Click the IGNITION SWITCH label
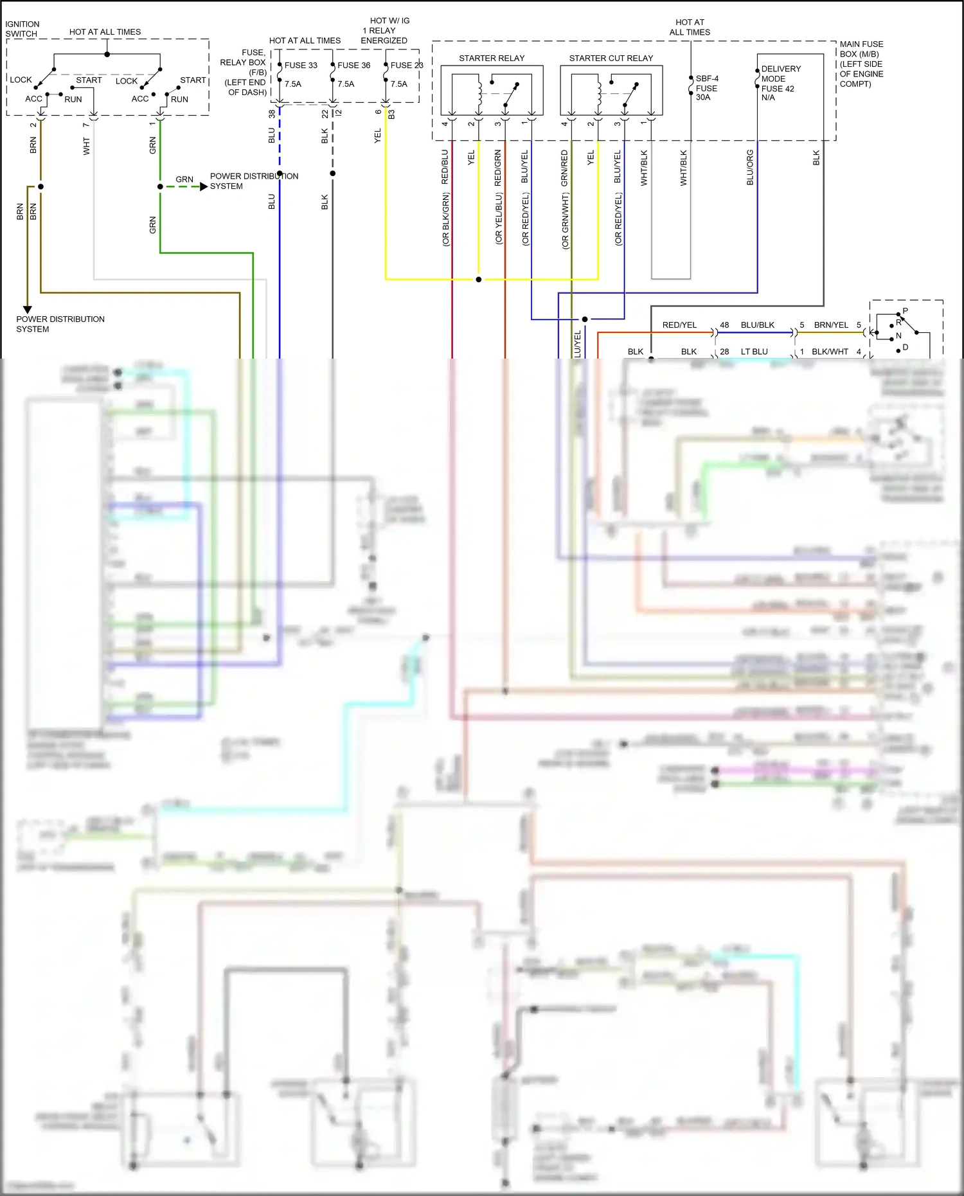22,29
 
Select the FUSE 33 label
300,65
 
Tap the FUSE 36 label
353,65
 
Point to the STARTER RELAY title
491,58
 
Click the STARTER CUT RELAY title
611,58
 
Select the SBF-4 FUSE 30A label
706,88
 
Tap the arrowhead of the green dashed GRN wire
204,186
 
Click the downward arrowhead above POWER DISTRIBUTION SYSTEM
28,309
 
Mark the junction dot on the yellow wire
478,280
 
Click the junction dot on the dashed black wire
332,174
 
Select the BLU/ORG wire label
750,168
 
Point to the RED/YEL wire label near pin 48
679,325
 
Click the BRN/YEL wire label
830,325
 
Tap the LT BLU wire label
754,352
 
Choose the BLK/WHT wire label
830,352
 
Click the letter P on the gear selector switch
905,311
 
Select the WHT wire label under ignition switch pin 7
86,146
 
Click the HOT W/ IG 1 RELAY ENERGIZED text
385,30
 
